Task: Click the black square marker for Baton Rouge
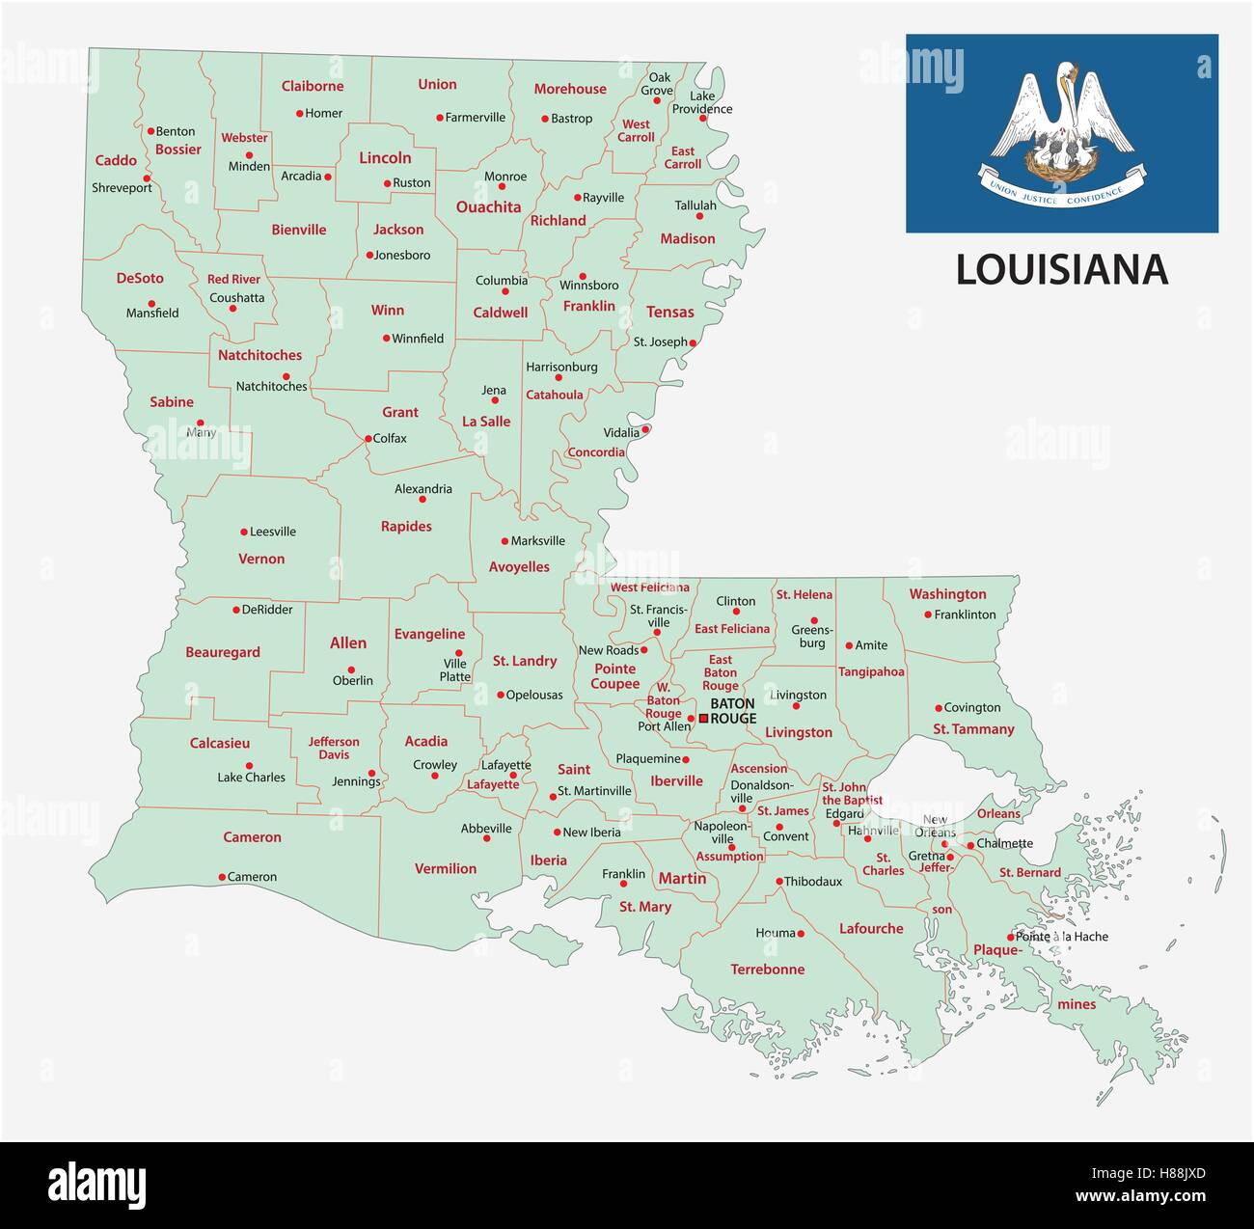pyautogui.click(x=704, y=718)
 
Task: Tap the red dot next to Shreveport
pyautogui.click(x=147, y=178)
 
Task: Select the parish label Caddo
pyautogui.click(x=116, y=160)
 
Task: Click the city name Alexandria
pyautogui.click(x=423, y=489)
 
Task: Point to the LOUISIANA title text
pyautogui.click(x=1061, y=270)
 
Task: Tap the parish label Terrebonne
pyautogui.click(x=767, y=970)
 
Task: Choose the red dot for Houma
pyautogui.click(x=801, y=933)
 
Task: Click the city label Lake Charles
pyautogui.click(x=251, y=778)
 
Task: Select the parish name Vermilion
pyautogui.click(x=446, y=868)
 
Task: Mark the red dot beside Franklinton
pyautogui.click(x=928, y=614)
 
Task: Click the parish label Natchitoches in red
pyautogui.click(x=259, y=355)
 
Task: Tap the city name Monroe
pyautogui.click(x=504, y=177)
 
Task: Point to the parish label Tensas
pyautogui.click(x=669, y=312)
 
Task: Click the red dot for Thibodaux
pyautogui.click(x=779, y=881)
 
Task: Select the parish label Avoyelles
pyautogui.click(x=519, y=567)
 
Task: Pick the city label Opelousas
pyautogui.click(x=534, y=695)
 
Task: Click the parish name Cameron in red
pyautogui.click(x=252, y=837)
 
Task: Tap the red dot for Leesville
pyautogui.click(x=243, y=532)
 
